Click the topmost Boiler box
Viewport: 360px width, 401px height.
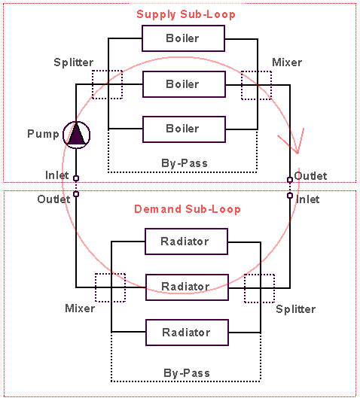pyautogui.click(x=183, y=38)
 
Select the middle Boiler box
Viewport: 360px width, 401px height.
pyautogui.click(x=184, y=84)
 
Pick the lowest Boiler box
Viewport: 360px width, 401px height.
pyautogui.click(x=184, y=129)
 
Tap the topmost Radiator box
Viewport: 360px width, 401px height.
pyautogui.click(x=186, y=242)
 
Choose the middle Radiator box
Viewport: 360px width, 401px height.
pyautogui.click(x=187, y=287)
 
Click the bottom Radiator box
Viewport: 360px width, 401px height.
pyautogui.click(x=187, y=333)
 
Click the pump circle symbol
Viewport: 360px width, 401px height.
pyautogui.click(x=76, y=135)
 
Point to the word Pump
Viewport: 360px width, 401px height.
pyautogui.click(x=43, y=134)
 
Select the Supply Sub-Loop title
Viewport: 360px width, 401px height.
pyautogui.click(x=186, y=14)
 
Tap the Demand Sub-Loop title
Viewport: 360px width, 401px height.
pyautogui.click(x=188, y=209)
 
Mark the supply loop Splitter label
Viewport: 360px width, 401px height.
pyautogui.click(x=74, y=62)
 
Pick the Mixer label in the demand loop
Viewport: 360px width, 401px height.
pyautogui.click(x=80, y=308)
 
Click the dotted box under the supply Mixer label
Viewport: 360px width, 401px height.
pyautogui.click(x=256, y=85)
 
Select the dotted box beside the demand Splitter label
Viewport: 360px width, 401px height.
pyautogui.click(x=259, y=288)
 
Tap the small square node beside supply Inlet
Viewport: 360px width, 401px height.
pyautogui.click(x=76, y=178)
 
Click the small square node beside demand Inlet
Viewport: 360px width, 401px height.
pyautogui.click(x=290, y=196)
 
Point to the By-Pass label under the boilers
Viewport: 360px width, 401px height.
pyautogui.click(x=185, y=163)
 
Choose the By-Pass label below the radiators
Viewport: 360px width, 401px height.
pyautogui.click(x=187, y=373)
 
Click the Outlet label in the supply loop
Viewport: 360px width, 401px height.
pyautogui.click(x=310, y=176)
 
